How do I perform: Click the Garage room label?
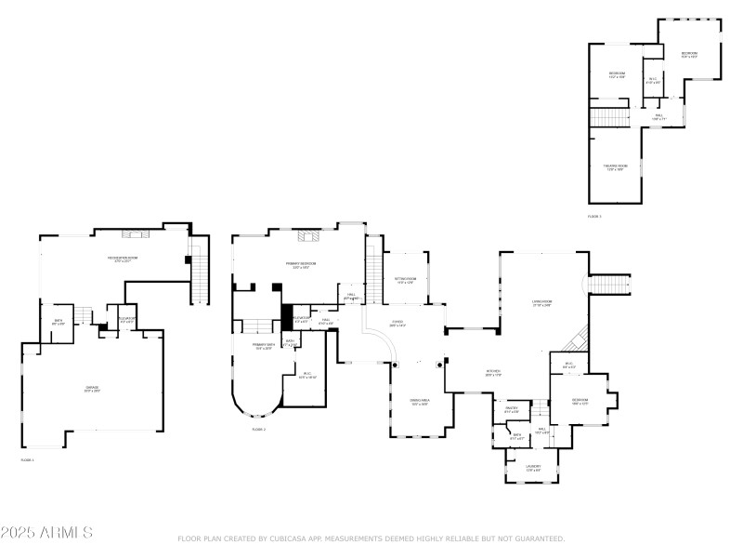click(93, 389)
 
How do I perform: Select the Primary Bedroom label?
click(301, 265)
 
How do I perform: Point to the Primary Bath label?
click(263, 346)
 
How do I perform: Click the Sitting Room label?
click(406, 280)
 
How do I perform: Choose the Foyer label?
click(398, 326)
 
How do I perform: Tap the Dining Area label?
click(419, 403)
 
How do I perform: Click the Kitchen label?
click(493, 374)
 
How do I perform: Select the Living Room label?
click(541, 303)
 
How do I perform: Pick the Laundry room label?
click(533, 468)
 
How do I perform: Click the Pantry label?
click(511, 410)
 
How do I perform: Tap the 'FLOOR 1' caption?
click(27, 459)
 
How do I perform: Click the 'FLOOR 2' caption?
click(258, 430)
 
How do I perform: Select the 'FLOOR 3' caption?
click(594, 217)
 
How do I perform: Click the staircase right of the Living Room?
click(610, 283)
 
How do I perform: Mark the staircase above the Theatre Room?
click(611, 118)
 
